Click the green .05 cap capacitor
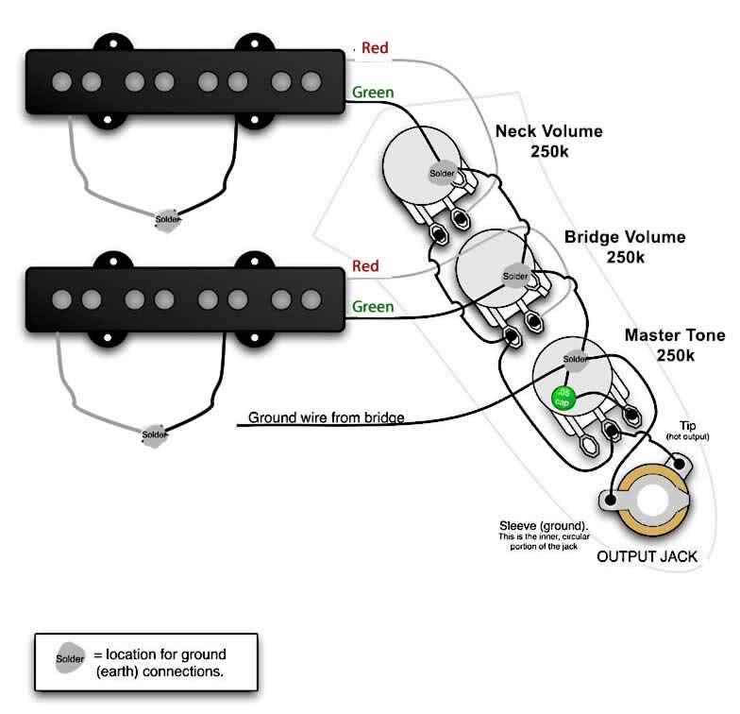coord(563,398)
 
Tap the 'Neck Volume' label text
coord(549,130)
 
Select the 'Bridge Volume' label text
coord(625,236)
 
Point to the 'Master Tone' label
coord(675,334)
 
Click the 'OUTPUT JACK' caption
coord(647,556)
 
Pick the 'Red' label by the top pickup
coord(375,47)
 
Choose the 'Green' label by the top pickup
coord(373,93)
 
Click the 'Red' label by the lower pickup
coord(365,266)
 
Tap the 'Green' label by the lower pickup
coord(373,307)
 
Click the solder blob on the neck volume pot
coord(442,174)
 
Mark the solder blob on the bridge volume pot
coord(515,276)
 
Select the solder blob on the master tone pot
coord(575,359)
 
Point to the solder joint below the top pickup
coord(168,220)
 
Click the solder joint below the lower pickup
coord(155,434)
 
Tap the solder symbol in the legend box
coord(70,658)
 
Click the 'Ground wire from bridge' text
coord(327,417)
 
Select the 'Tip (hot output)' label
coord(687,431)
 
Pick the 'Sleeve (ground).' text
coord(544,525)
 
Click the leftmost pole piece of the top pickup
coord(62,81)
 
